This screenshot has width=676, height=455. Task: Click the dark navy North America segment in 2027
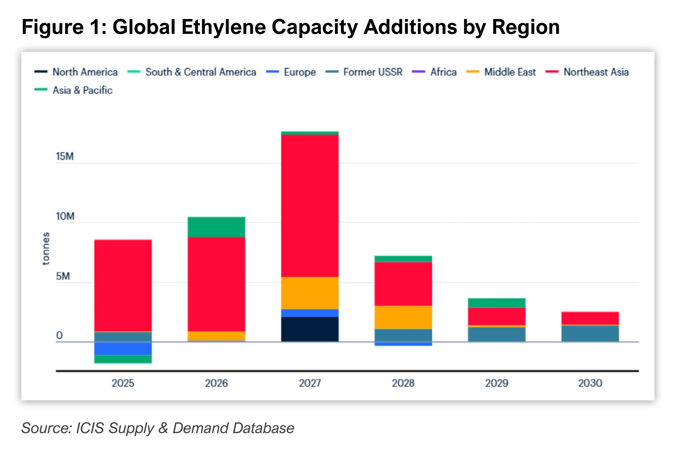(310, 329)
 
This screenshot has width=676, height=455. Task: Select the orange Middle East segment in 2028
(403, 317)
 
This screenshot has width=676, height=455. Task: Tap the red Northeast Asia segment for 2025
(123, 286)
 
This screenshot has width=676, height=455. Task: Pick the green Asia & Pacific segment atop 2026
(216, 227)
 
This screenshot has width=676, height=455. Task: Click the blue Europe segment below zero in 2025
(123, 349)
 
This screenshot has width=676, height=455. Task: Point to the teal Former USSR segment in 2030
(590, 334)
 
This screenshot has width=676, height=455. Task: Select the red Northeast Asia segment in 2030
(590, 318)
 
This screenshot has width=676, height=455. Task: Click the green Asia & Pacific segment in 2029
(497, 303)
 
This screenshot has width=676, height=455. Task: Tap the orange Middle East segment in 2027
(310, 293)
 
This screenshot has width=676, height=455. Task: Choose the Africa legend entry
(434, 72)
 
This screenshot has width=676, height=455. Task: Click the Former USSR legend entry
(364, 72)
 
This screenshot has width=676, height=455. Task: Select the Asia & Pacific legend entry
(74, 90)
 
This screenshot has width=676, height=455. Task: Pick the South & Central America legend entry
(192, 72)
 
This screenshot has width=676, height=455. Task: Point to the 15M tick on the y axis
(65, 157)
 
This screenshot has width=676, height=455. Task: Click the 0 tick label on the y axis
(59, 335)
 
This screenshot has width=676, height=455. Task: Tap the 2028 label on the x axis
(403, 383)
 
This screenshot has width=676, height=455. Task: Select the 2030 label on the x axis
(590, 383)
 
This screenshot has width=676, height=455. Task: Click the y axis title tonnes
(46, 249)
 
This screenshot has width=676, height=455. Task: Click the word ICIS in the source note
(90, 428)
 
